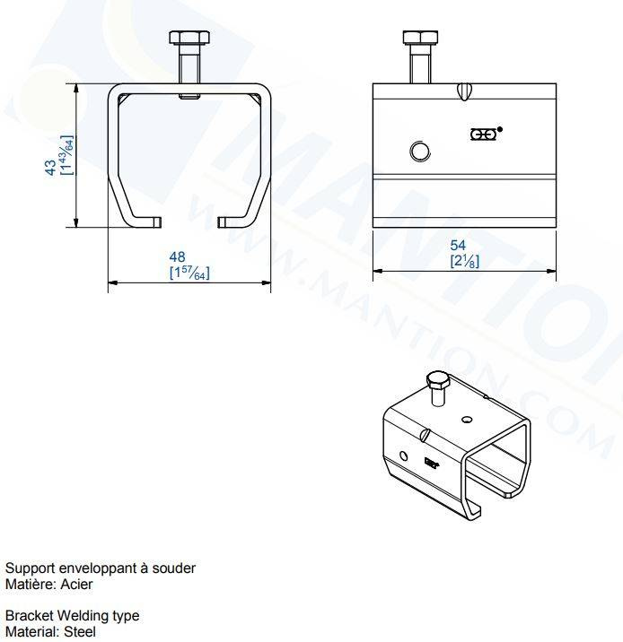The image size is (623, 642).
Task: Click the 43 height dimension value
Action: pos(51,168)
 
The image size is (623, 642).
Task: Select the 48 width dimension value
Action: pos(177,257)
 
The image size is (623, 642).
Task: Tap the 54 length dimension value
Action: pos(458,246)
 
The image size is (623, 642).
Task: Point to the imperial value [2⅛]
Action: pos(464,261)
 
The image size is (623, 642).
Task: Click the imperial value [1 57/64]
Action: pos(189,273)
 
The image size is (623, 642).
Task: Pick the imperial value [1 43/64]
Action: pos(66,155)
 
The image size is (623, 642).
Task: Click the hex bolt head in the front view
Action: pos(189,38)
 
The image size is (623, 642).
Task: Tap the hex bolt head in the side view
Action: pos(420,38)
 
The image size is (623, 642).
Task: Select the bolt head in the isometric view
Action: pos(438,381)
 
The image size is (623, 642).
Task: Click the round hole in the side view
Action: pos(420,152)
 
